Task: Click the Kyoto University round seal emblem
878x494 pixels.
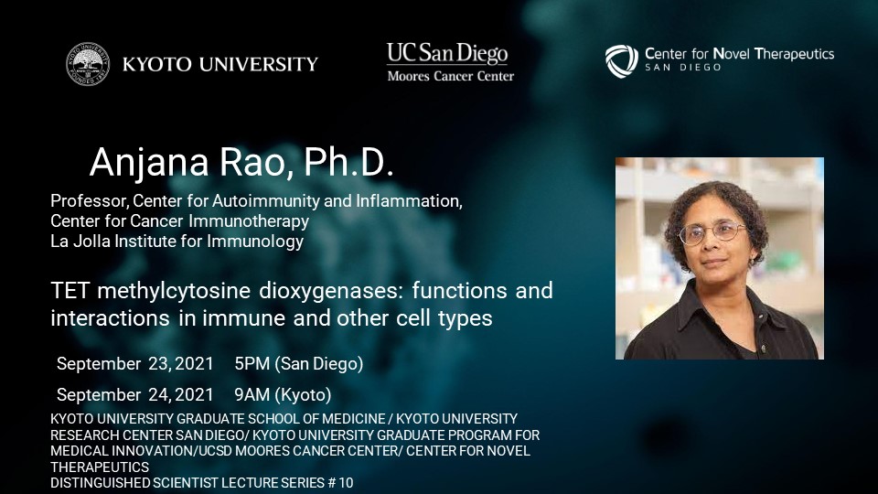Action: pos(88,64)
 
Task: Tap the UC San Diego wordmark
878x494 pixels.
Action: pos(447,53)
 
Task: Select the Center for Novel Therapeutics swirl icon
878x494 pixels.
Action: pos(622,61)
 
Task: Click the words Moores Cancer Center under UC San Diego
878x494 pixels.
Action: pos(450,76)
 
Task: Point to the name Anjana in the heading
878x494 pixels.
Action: pos(149,163)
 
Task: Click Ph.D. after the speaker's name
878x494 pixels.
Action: pos(348,163)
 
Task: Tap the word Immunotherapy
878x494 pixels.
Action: pos(249,221)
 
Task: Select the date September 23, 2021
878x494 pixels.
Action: pos(135,364)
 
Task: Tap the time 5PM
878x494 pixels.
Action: pos(252,364)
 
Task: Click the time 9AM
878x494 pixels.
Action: pos(252,395)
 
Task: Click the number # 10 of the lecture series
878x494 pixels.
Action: pos(340,483)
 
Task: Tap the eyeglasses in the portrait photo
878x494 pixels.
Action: pos(712,232)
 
